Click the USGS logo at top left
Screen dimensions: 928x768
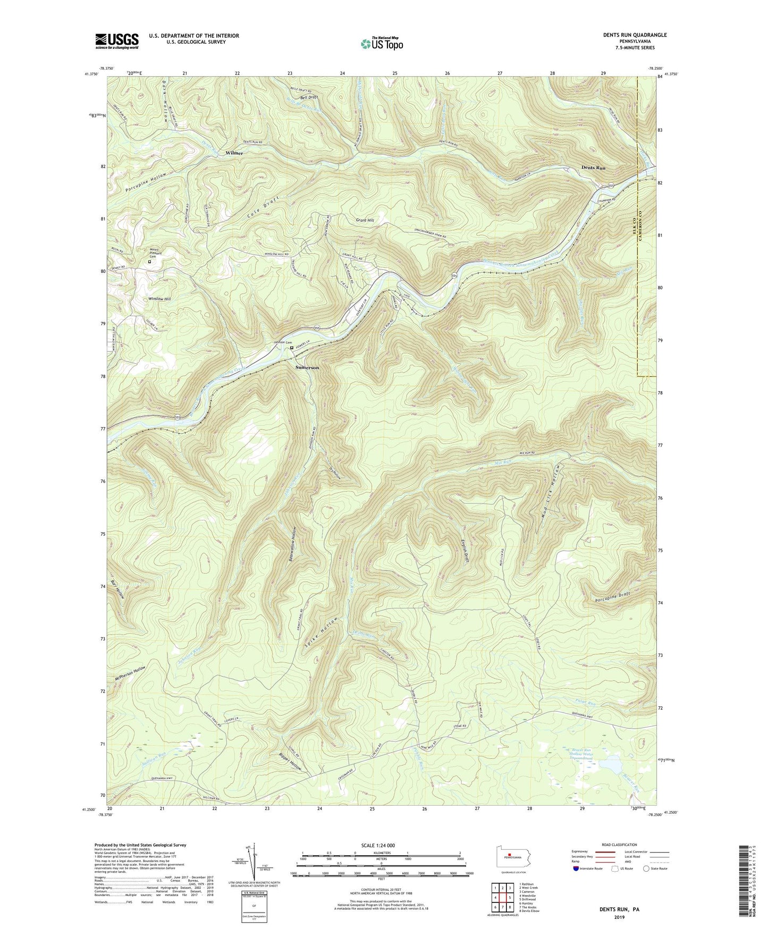point(116,41)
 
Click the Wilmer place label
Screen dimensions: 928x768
point(234,153)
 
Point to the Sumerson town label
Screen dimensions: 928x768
point(307,367)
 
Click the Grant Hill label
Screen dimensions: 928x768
point(365,220)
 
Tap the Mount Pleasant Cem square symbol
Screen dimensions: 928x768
point(149,261)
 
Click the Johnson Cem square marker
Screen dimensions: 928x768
point(291,349)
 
